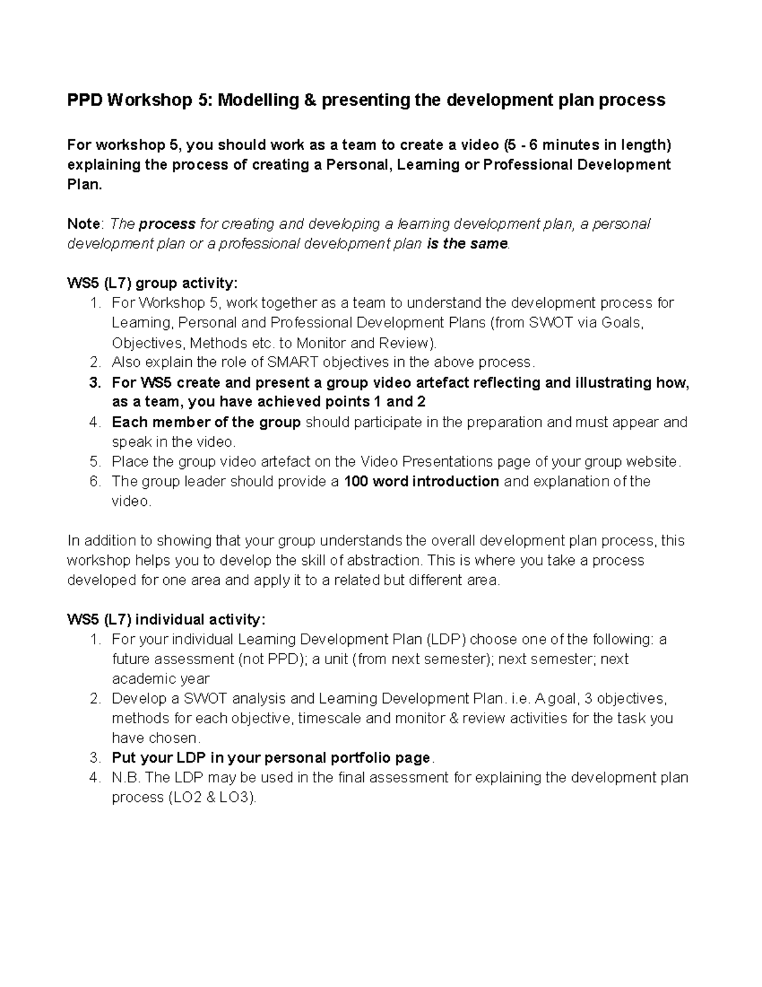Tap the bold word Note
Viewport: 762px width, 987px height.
pyautogui.click(x=83, y=224)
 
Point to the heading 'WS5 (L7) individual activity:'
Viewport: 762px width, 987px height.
pyautogui.click(x=166, y=620)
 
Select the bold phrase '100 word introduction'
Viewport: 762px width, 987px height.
pyautogui.click(x=421, y=482)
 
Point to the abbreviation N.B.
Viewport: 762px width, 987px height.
pyautogui.click(x=127, y=778)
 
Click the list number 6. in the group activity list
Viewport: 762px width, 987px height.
pyautogui.click(x=95, y=482)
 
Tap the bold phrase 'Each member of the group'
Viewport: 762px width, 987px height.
pyautogui.click(x=206, y=423)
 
